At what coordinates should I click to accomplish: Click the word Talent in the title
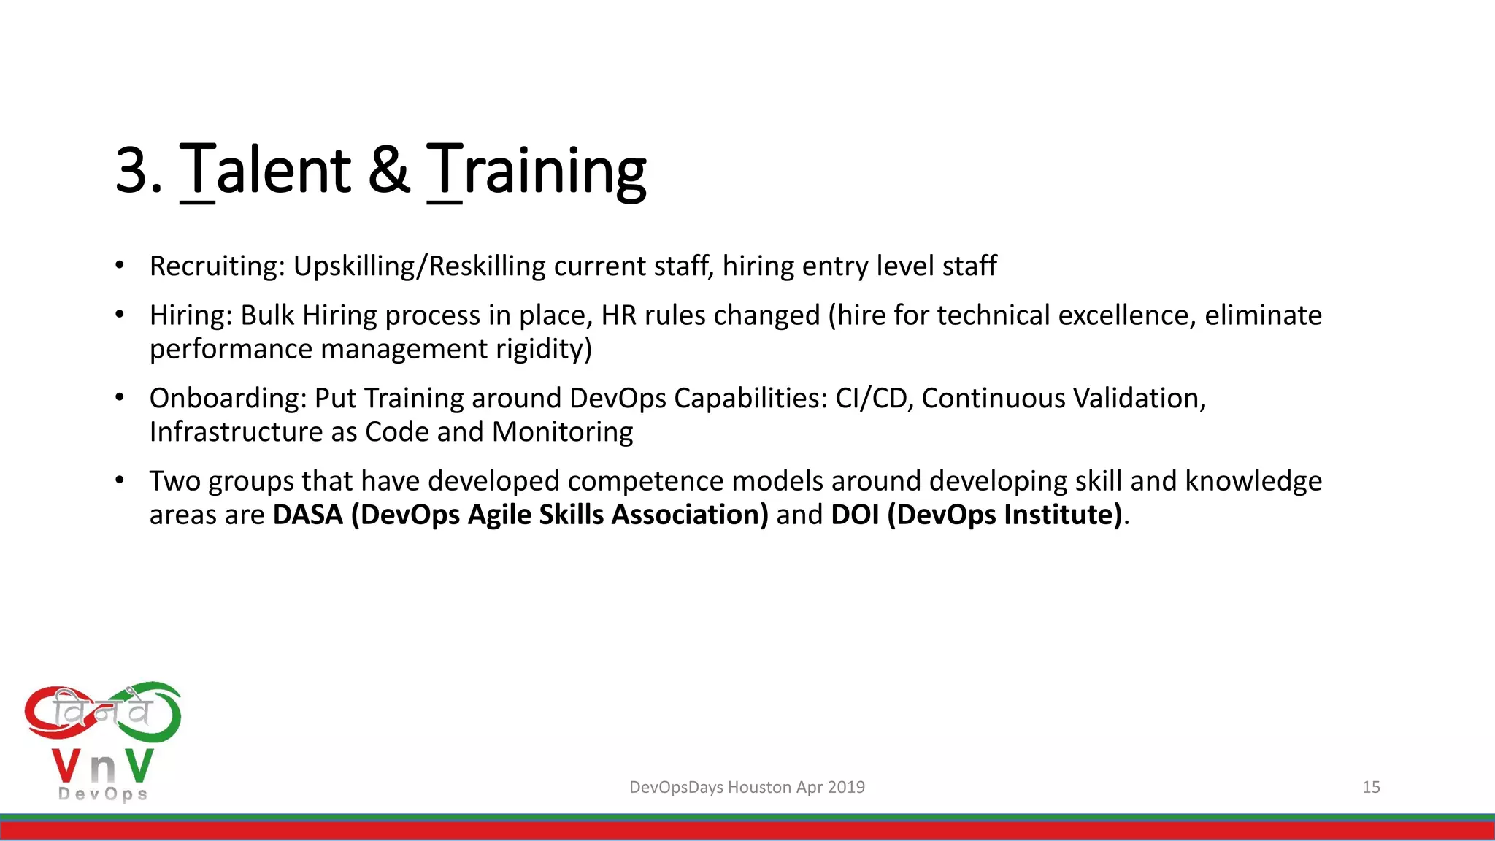click(266, 170)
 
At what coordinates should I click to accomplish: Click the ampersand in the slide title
click(388, 170)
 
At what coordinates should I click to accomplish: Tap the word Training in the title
click(537, 170)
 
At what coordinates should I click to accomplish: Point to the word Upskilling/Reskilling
click(419, 266)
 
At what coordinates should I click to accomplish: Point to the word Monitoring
click(562, 432)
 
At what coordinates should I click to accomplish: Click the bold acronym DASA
click(308, 515)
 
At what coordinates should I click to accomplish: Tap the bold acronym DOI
click(855, 515)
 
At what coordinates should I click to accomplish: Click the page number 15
click(1371, 787)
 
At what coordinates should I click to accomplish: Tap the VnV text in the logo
click(103, 767)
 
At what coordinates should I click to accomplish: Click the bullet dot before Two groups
click(120, 480)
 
